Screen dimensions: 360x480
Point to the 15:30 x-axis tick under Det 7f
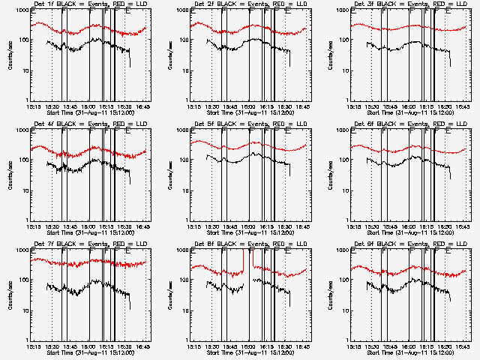[x=52, y=346]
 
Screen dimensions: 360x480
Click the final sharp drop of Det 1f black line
[x=129, y=58]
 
